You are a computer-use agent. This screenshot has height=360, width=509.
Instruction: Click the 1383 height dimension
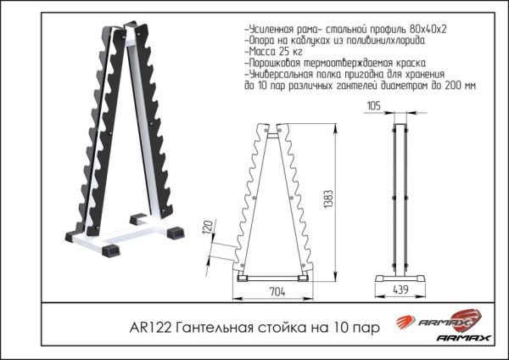tap(328, 201)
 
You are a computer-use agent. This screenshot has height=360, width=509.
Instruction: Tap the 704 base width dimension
tap(277, 292)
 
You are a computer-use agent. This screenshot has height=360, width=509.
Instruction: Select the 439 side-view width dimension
tap(400, 290)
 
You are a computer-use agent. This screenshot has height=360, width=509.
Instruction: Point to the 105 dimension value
tap(373, 106)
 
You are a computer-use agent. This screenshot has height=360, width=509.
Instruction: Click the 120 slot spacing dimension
tap(208, 226)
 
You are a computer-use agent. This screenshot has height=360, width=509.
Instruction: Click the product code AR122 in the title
tap(150, 328)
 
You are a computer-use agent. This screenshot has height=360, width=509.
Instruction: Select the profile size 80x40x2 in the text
tap(428, 29)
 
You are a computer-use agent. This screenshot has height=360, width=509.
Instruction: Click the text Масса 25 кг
tap(274, 52)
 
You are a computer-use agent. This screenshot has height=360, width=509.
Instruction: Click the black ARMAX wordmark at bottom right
tap(463, 338)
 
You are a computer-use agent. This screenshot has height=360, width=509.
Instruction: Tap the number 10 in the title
tap(339, 328)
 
